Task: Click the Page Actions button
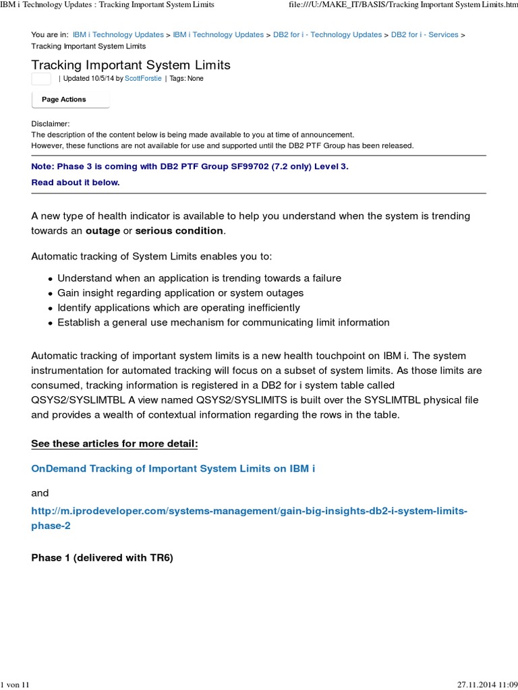[70, 100]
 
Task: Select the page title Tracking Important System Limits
[131, 65]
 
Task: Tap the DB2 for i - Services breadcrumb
[424, 34]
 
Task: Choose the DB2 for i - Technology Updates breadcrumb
[327, 34]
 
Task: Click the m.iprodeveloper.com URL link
[249, 511]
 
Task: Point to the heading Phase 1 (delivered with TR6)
[103, 558]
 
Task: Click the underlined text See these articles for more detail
[115, 445]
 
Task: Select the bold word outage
[103, 231]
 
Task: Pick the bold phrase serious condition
[179, 231]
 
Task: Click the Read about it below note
[76, 183]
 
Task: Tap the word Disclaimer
[50, 124]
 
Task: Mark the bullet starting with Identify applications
[179, 308]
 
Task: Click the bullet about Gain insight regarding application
[181, 293]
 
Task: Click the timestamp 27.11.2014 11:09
[486, 685]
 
